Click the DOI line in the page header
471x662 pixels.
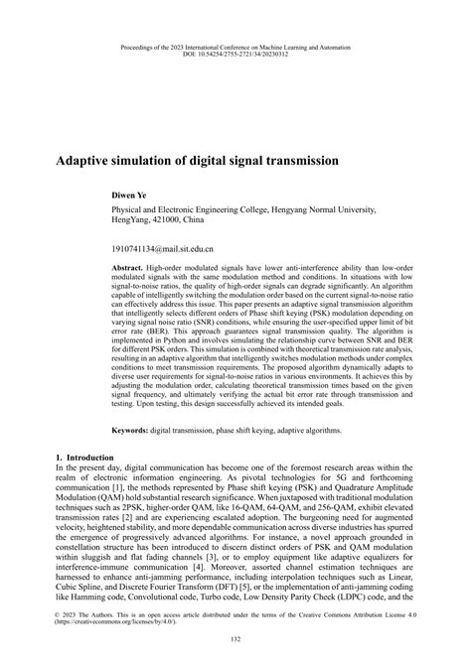tap(234, 54)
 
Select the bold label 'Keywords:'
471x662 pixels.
tap(130, 432)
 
